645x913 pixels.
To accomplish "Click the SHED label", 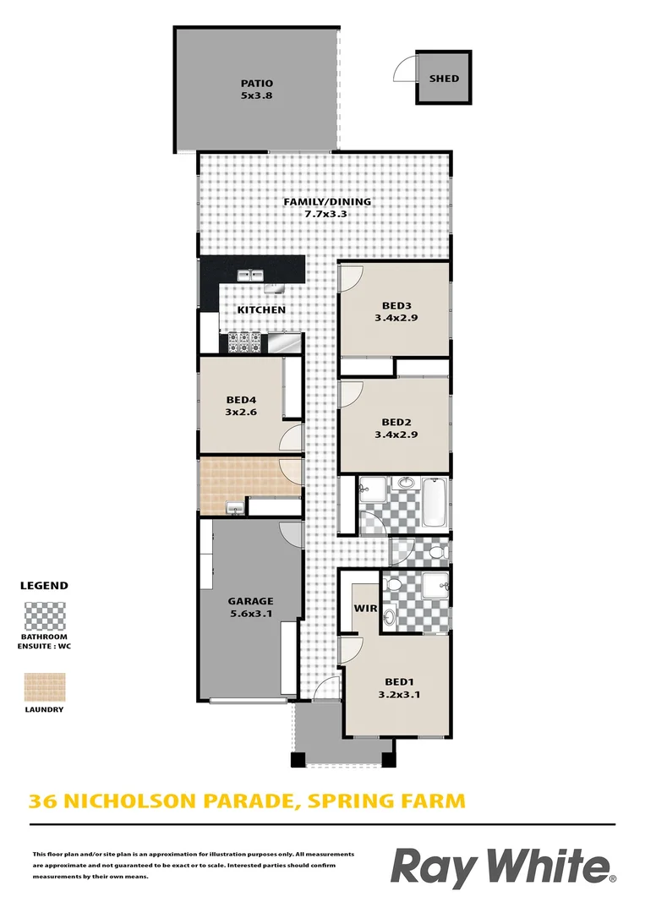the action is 444,79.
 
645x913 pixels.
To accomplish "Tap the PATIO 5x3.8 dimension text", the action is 257,96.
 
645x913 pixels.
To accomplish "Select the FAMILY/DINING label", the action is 327,202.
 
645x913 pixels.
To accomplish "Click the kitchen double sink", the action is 251,275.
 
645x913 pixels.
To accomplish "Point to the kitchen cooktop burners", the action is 243,342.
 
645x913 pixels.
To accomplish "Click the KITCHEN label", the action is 261,309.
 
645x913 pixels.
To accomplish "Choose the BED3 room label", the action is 396,306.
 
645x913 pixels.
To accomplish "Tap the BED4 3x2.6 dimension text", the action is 241,413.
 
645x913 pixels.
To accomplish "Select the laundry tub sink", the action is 235,508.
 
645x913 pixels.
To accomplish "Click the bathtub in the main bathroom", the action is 435,503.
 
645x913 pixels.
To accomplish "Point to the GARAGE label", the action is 251,602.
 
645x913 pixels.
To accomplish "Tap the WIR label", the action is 365,609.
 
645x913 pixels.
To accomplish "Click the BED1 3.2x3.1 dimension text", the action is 399,695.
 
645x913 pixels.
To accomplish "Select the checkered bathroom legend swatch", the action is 45,616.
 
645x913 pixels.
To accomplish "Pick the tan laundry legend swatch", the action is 45,687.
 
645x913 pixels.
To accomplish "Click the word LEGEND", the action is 44,586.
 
